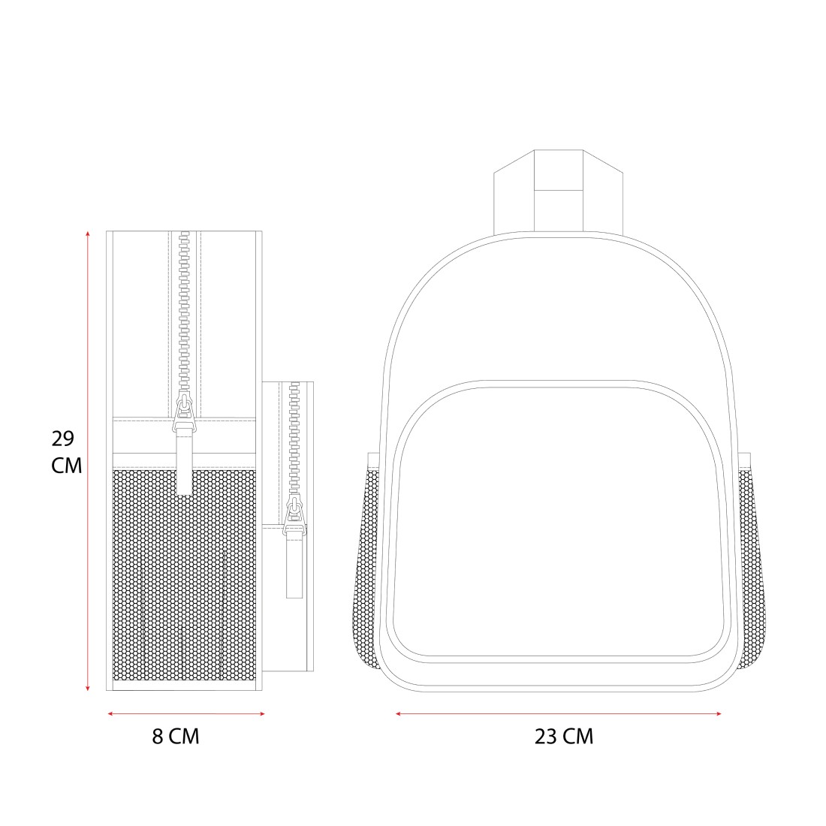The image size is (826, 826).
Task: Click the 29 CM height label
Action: click(66, 452)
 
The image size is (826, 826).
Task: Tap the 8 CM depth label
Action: click(176, 736)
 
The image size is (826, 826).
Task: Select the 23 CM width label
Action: click(564, 736)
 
